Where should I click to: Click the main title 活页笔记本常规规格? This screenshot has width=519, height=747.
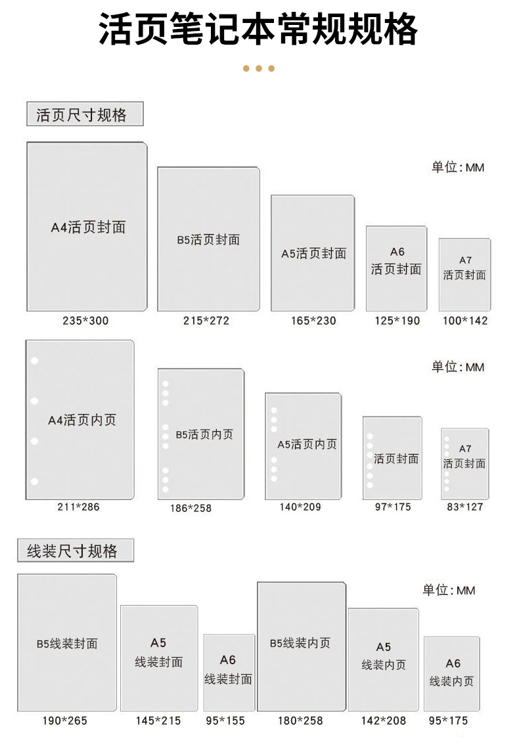click(258, 30)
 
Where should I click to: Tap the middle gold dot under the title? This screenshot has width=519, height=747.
click(258, 68)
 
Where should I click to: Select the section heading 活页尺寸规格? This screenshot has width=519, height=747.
click(81, 115)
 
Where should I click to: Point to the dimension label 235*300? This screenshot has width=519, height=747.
click(85, 321)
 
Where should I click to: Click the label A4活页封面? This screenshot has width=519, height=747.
click(88, 228)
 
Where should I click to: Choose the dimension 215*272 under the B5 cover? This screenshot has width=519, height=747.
click(206, 321)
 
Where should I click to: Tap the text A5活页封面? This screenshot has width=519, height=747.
click(313, 254)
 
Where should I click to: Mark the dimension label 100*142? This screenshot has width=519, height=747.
click(465, 321)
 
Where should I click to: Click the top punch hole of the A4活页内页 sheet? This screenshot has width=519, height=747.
click(34, 361)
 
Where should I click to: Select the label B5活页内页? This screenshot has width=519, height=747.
click(204, 434)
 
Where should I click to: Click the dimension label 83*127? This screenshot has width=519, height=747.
click(464, 507)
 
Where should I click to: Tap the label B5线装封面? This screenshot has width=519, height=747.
click(66, 644)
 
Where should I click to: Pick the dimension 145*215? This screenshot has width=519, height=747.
click(158, 721)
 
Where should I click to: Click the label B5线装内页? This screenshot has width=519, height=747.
click(300, 643)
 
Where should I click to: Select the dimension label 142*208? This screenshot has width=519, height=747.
click(384, 721)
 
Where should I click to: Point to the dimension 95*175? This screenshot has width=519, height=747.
click(449, 721)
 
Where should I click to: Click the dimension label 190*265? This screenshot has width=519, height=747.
click(64, 721)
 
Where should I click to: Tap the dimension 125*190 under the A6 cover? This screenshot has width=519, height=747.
click(397, 321)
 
